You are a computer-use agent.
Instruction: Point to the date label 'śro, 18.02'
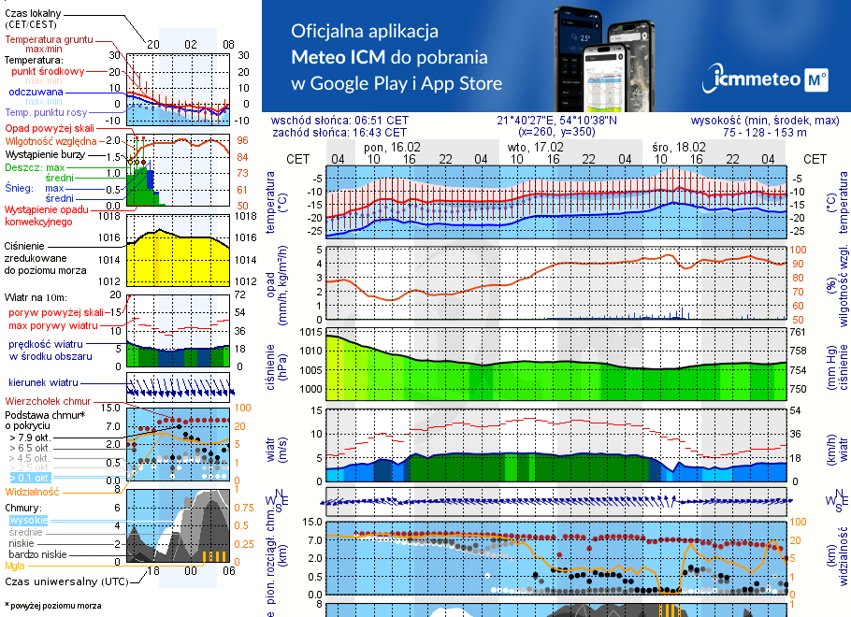pos(679,148)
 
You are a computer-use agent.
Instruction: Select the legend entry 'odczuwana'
pos(36,93)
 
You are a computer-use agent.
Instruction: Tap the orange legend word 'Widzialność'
pos(33,491)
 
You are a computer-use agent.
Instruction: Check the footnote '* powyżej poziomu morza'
pos(52,606)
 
